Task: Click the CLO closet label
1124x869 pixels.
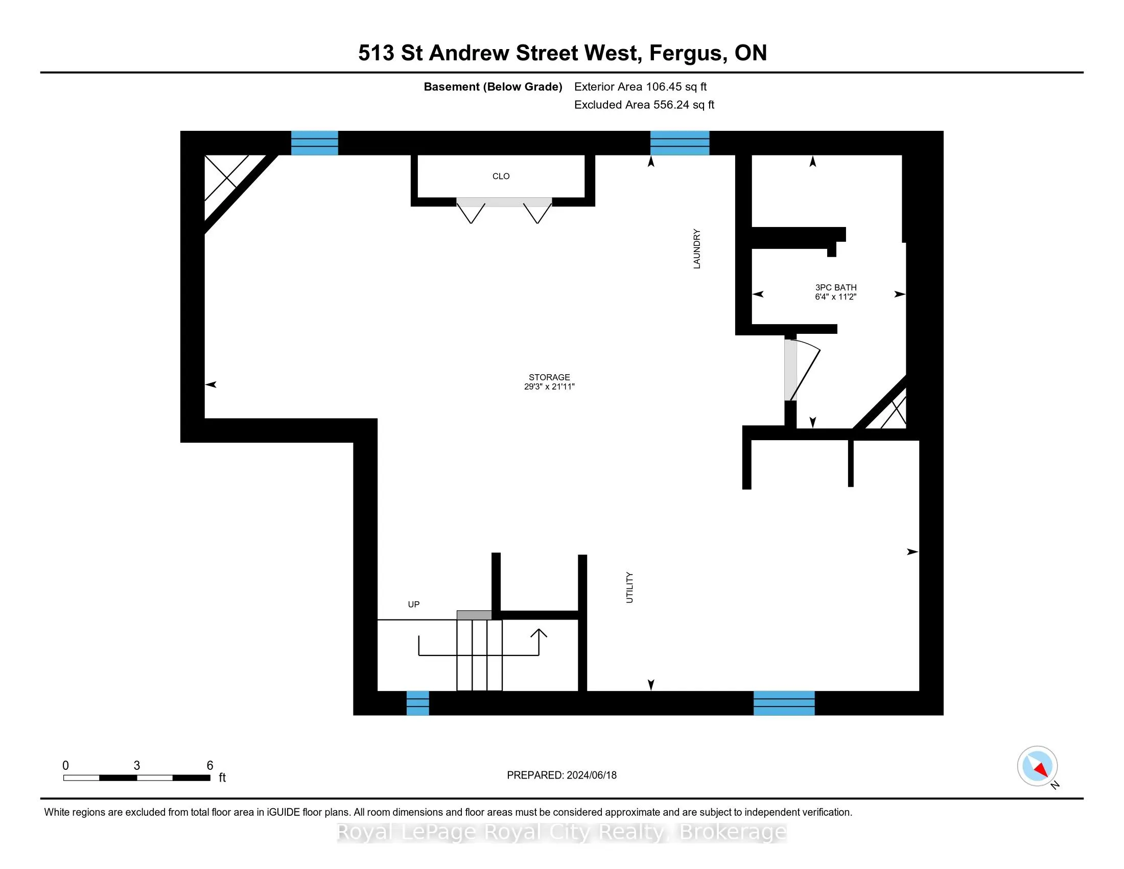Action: (x=501, y=176)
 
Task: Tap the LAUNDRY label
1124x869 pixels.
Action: (x=696, y=248)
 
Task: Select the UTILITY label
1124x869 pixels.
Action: (x=629, y=587)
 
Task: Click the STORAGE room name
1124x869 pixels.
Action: (x=549, y=377)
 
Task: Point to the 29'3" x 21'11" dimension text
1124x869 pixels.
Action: (x=549, y=386)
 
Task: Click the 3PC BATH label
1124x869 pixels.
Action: (x=836, y=287)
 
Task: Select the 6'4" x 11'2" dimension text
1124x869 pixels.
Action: (x=835, y=296)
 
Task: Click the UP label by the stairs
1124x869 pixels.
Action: (x=414, y=604)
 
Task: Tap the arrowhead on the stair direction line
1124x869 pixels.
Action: (x=539, y=633)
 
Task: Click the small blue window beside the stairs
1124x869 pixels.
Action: (x=417, y=703)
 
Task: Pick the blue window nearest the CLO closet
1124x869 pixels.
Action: (x=314, y=143)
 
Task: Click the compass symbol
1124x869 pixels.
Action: (x=1037, y=766)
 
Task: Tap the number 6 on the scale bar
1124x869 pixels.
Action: (x=210, y=766)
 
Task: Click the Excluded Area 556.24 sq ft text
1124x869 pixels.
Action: (x=644, y=105)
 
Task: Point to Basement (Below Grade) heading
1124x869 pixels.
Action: (x=493, y=87)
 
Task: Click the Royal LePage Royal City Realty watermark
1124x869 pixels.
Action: (x=561, y=832)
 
